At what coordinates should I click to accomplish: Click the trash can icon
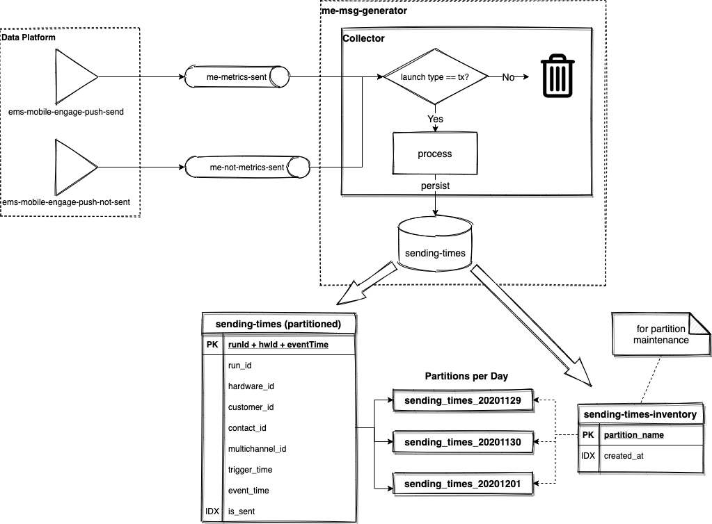point(558,76)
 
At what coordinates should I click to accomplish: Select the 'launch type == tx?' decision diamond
point(435,76)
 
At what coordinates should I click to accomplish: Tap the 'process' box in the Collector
point(434,153)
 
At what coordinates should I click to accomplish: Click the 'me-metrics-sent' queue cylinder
point(237,76)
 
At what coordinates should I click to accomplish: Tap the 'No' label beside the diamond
point(508,77)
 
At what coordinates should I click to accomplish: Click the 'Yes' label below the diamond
point(435,119)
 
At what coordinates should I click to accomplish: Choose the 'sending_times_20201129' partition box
point(464,401)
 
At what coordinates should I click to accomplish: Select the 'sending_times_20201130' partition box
point(464,442)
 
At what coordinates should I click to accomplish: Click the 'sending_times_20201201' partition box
point(464,483)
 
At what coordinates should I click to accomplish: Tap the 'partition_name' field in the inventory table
point(633,435)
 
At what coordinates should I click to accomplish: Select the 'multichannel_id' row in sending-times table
point(257,449)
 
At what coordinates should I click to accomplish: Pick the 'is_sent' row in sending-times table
point(241,511)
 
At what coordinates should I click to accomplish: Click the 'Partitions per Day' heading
point(466,376)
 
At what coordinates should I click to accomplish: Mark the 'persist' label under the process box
point(435,187)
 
